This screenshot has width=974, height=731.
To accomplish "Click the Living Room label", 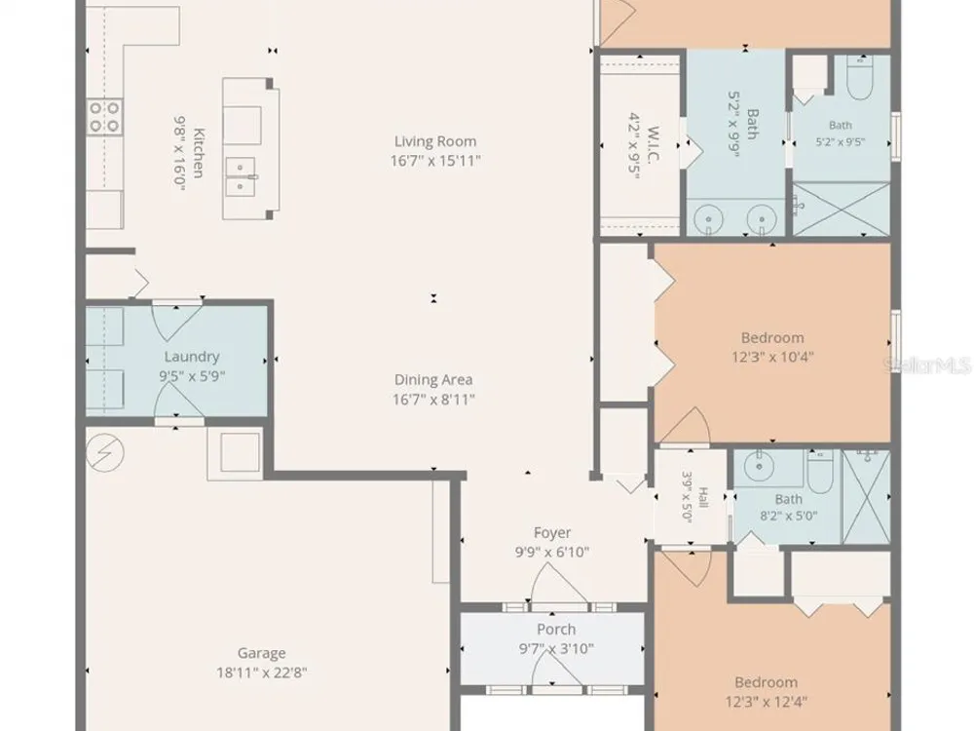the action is tap(434, 141).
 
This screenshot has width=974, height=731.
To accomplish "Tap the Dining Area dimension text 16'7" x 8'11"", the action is tap(433, 399).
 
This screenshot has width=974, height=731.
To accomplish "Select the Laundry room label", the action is tap(192, 357).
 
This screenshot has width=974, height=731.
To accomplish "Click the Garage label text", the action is tap(261, 653).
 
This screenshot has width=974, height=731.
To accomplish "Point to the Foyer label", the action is tap(552, 533).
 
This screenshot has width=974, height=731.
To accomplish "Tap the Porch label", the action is tap(556, 629).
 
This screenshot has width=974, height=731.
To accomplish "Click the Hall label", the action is tap(703, 497).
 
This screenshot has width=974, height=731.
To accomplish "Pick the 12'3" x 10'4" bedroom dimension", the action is tap(772, 358).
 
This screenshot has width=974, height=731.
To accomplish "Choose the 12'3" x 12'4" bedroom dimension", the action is tap(766, 703).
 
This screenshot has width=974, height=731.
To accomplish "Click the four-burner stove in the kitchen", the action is tap(104, 117).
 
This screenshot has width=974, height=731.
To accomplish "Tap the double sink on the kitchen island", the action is tap(241, 176).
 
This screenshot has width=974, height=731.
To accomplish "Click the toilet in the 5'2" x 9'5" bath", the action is tap(860, 77).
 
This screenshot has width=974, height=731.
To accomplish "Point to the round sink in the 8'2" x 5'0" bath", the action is tap(759, 467).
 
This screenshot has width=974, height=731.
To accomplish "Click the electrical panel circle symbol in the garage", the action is tap(105, 452).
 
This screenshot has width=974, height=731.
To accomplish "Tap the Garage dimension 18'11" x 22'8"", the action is tap(261, 673).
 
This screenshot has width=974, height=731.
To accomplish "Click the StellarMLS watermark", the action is tap(927, 365).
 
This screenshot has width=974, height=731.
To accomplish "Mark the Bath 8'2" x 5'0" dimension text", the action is tap(788, 516).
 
